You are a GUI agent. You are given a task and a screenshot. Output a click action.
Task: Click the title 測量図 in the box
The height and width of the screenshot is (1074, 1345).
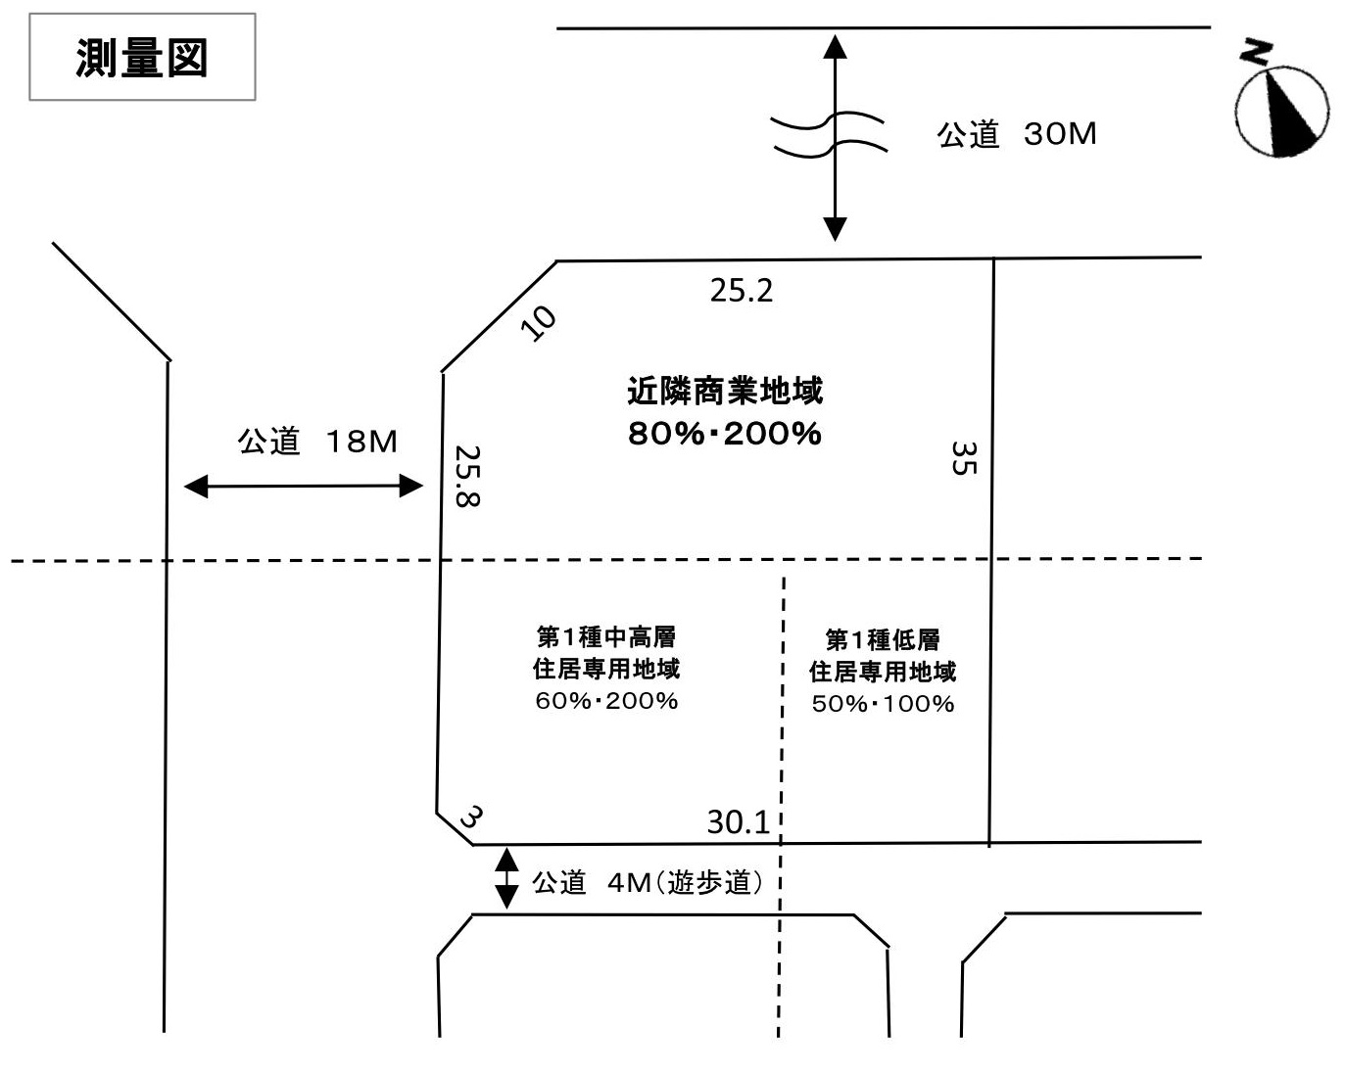click(141, 58)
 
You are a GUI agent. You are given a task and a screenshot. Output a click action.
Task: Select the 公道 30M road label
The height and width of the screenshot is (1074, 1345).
click(1016, 134)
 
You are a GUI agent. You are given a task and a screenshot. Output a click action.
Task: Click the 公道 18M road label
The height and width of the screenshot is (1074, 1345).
click(316, 442)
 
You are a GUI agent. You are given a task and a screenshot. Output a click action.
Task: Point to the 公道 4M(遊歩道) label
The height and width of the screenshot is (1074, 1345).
click(648, 883)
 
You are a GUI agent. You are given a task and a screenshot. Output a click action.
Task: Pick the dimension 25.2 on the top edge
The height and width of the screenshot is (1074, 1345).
click(742, 291)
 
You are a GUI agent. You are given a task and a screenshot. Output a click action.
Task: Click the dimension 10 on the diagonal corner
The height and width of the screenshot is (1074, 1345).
click(538, 323)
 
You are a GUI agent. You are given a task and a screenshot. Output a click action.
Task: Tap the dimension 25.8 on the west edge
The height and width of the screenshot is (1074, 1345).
click(467, 476)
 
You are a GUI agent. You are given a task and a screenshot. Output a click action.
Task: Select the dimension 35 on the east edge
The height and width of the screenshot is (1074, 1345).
click(964, 458)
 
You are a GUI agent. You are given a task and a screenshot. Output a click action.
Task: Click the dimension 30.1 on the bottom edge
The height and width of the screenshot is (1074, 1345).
click(738, 822)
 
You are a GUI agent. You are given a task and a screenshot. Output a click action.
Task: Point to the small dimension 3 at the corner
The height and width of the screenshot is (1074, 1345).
click(471, 817)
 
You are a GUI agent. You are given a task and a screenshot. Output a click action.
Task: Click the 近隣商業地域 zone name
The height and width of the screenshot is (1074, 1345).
click(725, 391)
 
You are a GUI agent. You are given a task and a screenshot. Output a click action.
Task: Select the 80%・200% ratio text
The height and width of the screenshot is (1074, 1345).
click(725, 434)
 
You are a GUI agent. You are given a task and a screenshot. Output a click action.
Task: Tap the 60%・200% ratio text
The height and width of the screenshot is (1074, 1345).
click(607, 701)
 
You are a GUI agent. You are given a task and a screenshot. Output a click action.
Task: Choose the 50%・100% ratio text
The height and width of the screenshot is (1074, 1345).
click(884, 704)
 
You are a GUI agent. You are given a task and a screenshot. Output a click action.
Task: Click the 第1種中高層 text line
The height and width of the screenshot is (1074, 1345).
click(606, 636)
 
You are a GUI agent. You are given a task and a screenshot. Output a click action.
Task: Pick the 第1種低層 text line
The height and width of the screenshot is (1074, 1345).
click(883, 639)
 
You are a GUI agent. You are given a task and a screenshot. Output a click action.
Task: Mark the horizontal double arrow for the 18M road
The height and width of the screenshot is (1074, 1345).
click(304, 486)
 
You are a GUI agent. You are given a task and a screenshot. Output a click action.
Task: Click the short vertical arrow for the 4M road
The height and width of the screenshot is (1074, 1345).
click(506, 878)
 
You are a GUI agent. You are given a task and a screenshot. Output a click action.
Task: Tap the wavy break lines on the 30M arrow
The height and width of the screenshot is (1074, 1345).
click(829, 134)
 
